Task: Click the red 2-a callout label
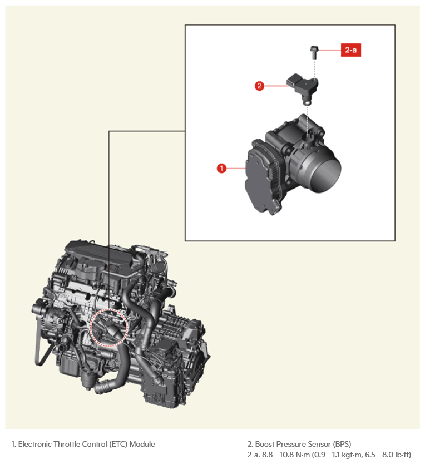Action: [350, 50]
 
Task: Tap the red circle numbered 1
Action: [221, 169]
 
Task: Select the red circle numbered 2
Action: [259, 86]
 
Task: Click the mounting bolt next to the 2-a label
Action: [314, 52]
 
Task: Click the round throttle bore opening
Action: [325, 174]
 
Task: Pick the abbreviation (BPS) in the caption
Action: [342, 444]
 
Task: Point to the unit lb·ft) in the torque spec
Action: [403, 455]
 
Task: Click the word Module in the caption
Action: [142, 444]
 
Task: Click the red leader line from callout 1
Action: [236, 169]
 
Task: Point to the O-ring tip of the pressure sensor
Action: [307, 102]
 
